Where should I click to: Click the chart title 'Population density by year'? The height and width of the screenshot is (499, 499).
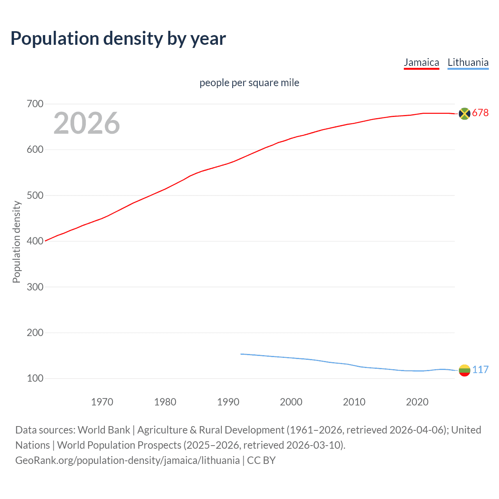click(118, 39)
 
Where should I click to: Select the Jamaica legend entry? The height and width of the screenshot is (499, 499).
click(421, 62)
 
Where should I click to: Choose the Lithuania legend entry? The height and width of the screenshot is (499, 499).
click(468, 62)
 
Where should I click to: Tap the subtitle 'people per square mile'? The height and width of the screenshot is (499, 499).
click(249, 83)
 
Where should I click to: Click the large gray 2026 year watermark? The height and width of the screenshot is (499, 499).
click(87, 123)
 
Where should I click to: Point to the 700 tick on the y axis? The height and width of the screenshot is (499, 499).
click(35, 104)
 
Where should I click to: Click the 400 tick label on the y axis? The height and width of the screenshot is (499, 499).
click(35, 241)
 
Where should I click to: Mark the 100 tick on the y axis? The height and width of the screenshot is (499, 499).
click(35, 379)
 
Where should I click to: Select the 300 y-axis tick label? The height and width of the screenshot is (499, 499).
click(35, 287)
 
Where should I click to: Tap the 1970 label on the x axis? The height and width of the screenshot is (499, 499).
click(102, 402)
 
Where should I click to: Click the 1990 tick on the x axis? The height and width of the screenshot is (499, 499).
click(228, 402)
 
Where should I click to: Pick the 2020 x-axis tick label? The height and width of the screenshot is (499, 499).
click(417, 402)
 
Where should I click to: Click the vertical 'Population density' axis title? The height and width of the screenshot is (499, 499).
click(16, 242)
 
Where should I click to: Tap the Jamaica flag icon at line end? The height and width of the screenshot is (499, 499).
click(464, 113)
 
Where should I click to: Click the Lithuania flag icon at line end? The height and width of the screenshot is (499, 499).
click(464, 370)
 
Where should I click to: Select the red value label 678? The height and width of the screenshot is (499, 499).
click(480, 113)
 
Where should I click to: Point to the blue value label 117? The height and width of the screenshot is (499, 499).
click(480, 370)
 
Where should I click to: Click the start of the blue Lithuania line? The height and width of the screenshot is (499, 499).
click(241, 354)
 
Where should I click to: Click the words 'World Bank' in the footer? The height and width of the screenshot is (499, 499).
click(104, 430)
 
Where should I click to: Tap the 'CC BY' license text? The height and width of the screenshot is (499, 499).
click(261, 460)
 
